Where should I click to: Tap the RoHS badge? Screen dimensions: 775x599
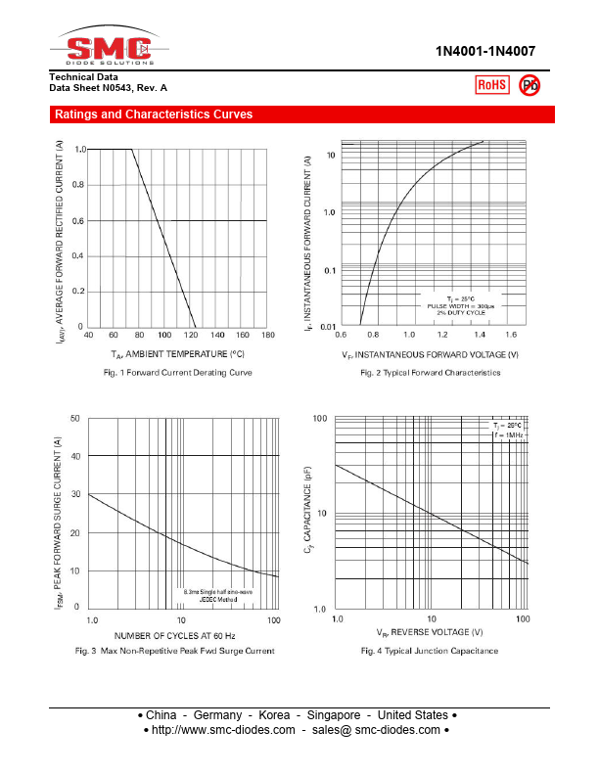coord(491,85)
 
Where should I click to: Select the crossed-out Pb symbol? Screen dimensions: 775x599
coord(530,85)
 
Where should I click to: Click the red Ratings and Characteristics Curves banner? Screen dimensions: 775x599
coord(154,114)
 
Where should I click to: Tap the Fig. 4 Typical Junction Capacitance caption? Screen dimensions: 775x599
coord(429,651)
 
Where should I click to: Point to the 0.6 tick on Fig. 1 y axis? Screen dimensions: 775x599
coord(77,221)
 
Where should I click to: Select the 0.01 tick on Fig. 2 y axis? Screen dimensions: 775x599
coord(327,326)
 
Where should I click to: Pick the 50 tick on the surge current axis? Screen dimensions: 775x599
coord(75,419)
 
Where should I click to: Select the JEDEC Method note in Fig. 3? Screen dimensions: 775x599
coord(220,599)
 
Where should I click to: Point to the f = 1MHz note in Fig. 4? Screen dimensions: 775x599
coord(508,435)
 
